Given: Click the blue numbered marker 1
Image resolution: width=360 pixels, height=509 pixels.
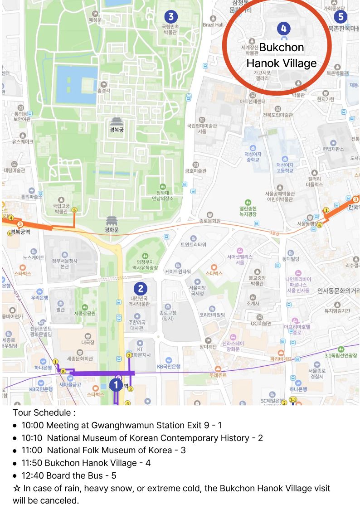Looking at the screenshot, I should point(116,385).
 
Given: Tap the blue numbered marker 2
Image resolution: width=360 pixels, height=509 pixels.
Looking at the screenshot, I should point(141,288).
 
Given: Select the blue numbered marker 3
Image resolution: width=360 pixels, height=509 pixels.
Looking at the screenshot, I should point(170,17).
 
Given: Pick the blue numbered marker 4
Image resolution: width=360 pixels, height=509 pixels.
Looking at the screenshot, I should point(283,29).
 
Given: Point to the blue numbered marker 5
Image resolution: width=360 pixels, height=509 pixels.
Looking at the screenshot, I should point(340,17).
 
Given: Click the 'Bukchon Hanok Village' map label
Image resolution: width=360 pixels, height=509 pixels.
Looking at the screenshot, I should point(282,55).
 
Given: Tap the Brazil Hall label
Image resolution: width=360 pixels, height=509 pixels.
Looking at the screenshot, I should point(213,24).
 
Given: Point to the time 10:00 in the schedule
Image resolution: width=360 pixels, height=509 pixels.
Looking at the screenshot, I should point(32,425).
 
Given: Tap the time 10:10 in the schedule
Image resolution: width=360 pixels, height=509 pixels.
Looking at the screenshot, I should point(32,438).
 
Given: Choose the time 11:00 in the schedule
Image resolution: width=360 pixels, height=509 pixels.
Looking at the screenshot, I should point(32,450).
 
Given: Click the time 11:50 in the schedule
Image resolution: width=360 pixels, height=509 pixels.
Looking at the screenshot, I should point(32,463).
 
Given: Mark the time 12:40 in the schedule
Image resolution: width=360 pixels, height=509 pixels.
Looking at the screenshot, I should point(32,475).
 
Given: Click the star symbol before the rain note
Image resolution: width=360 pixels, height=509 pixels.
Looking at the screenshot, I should point(17,489).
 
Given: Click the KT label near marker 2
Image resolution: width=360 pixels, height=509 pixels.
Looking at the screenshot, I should point(140,350).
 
